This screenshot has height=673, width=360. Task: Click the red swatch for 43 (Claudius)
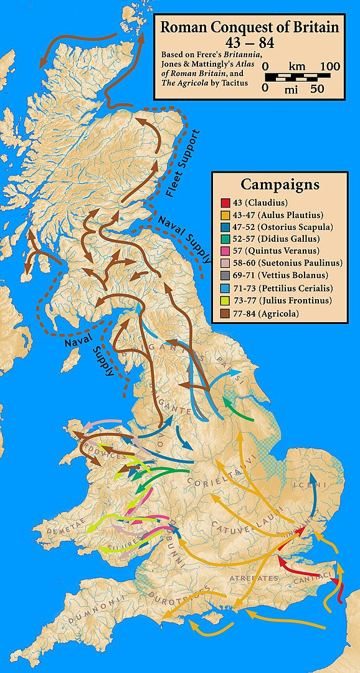tap(225, 203)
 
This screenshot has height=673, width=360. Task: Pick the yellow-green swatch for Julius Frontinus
tap(225, 301)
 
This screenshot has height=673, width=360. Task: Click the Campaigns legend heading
tap(280, 185)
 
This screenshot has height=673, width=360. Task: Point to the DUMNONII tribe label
tap(78, 616)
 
